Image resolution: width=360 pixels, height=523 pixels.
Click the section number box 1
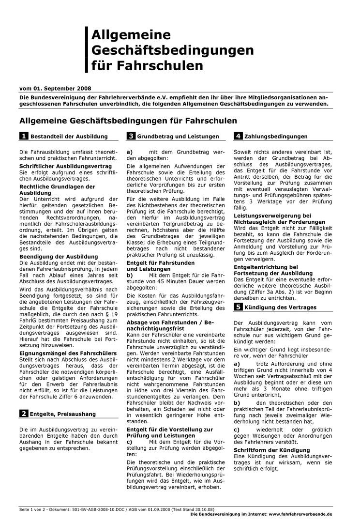23,137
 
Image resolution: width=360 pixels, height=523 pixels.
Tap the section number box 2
23,414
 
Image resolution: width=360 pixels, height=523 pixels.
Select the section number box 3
131,137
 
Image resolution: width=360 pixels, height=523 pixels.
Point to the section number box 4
238,137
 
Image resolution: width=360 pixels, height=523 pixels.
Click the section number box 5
238,307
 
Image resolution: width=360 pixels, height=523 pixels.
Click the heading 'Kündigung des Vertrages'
281,308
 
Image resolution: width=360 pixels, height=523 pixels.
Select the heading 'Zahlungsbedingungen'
276,137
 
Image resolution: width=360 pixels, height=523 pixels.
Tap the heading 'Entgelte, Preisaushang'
63,414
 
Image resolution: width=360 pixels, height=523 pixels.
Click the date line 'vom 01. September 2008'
54,89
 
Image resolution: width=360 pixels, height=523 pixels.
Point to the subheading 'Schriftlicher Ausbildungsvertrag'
65,166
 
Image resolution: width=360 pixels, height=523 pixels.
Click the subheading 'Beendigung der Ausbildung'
58,256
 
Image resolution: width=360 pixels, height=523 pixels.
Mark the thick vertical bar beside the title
86,49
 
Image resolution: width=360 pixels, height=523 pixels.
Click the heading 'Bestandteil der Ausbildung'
69,137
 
